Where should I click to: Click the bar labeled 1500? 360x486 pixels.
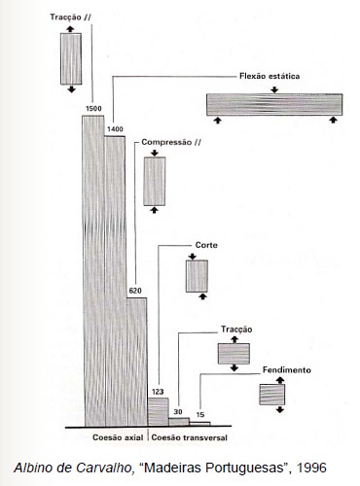93,271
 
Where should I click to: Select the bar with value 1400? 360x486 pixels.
115,281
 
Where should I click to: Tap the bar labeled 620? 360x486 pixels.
137,362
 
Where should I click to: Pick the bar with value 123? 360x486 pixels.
159,411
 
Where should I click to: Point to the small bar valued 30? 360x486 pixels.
179,421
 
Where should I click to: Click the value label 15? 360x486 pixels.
200,414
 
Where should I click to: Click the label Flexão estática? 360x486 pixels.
270,76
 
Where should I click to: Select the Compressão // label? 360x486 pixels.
171,142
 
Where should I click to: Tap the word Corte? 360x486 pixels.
206,245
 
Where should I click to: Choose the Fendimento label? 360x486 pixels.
287,369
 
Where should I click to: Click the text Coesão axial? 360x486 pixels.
118,437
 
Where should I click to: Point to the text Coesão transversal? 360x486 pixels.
190,437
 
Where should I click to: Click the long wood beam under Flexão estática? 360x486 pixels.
274,105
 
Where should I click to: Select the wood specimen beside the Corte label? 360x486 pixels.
197,276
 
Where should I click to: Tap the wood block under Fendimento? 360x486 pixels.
272,395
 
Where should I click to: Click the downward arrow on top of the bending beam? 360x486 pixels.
274,89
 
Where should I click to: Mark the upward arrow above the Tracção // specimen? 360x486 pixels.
70,29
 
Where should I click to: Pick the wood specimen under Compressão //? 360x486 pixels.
155,181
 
